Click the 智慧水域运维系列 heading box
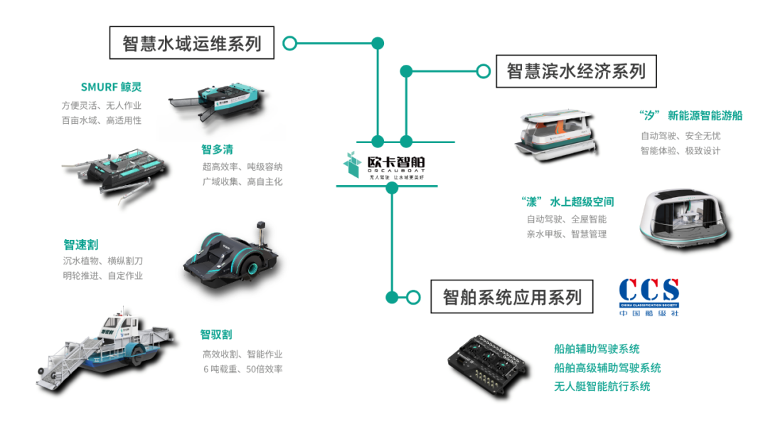click(192, 43)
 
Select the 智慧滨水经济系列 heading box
click(576, 71)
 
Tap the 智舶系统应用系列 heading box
click(511, 296)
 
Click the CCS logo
click(649, 296)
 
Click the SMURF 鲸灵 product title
click(111, 88)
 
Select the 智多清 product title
click(217, 149)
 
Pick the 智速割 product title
click(80, 245)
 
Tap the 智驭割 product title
click(216, 335)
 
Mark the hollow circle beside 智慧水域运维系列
click(289, 43)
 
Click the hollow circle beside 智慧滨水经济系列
click(483, 71)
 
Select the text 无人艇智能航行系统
click(602, 387)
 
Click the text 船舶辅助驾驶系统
click(597, 349)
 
